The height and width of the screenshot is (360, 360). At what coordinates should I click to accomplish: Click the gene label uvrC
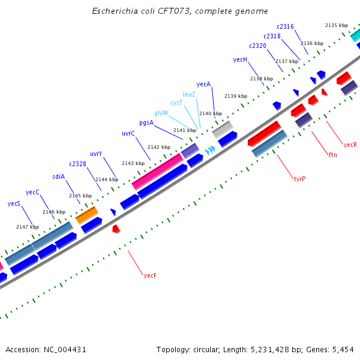pos(128,133)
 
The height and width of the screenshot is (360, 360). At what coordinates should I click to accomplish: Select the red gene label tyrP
pos(299,179)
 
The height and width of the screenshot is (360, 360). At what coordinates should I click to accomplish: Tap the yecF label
pos(150,275)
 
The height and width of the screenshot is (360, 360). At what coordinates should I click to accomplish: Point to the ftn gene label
pos(333,155)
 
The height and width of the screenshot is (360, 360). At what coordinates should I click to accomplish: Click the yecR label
pos(350,145)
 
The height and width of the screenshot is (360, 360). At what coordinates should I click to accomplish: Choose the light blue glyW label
pos(161,113)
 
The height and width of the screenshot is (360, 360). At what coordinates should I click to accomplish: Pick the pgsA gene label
pos(146,122)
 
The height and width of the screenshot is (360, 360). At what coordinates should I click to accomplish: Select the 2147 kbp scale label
pos(27,227)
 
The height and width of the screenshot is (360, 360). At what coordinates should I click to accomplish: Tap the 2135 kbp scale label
pos(336,25)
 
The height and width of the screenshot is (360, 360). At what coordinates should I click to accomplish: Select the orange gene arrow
pos(86,214)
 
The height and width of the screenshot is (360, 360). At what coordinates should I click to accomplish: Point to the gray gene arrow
pos(223,128)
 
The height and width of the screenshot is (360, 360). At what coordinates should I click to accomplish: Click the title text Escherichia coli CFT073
pos(180,11)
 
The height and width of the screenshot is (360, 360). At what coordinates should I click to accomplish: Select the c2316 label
pos(285,26)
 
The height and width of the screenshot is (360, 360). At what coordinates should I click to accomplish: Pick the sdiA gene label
pos(58,176)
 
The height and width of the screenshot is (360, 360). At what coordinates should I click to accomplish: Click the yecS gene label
pos(14,204)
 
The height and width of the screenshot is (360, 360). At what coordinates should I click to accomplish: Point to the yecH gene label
pos(240,59)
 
